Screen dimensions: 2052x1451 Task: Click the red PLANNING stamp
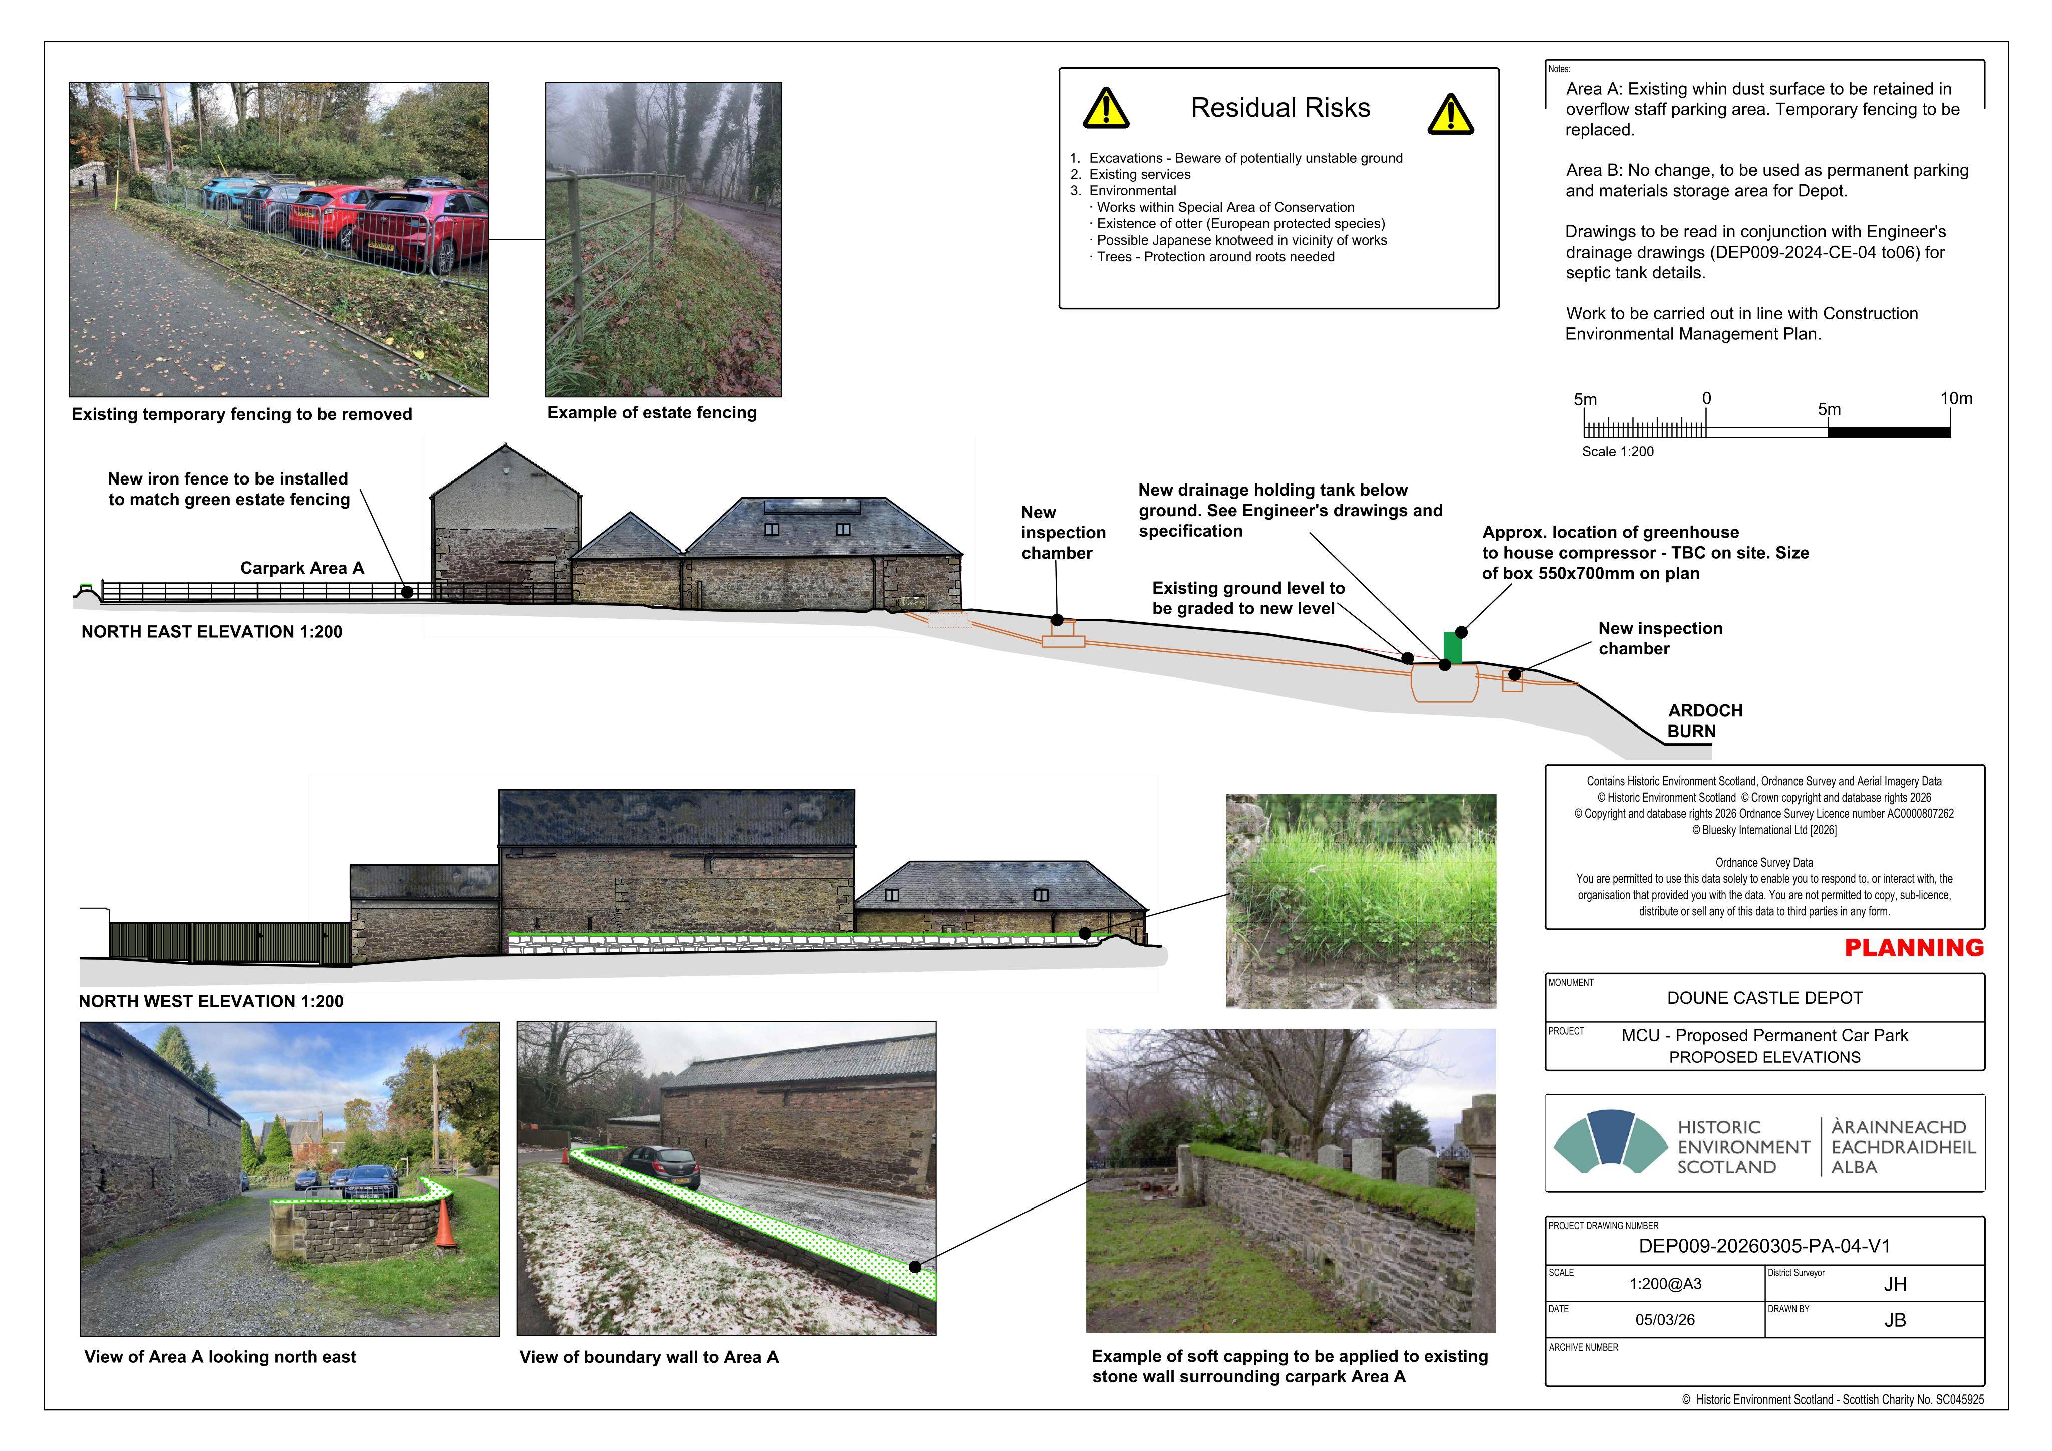point(1913,947)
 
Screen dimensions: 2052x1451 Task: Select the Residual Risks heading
point(1280,108)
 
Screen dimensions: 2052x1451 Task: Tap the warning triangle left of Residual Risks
point(1106,109)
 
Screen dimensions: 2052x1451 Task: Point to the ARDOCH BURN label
point(1704,720)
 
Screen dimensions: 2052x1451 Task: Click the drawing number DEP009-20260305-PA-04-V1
point(1764,1246)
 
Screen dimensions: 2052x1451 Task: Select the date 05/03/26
point(1665,1320)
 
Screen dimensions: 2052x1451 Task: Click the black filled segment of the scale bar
point(1889,433)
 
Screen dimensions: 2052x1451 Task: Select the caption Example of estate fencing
point(652,413)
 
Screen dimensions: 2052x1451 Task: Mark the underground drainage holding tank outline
point(1444,682)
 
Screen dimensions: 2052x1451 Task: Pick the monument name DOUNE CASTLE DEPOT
point(1764,998)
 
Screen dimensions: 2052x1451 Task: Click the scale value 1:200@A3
point(1665,1284)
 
